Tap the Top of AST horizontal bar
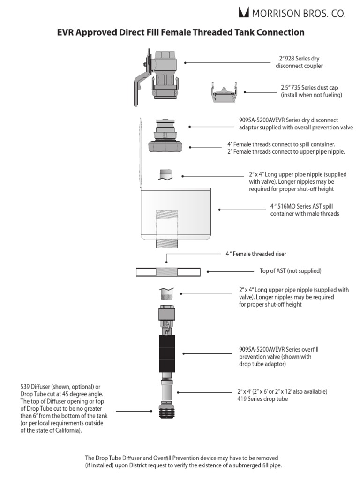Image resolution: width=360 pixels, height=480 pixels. pos(168,271)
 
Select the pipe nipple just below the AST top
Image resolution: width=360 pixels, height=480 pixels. pos(166,293)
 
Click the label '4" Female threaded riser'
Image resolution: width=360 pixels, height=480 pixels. pos(256,254)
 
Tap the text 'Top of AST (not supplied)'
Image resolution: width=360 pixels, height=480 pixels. pos(291,271)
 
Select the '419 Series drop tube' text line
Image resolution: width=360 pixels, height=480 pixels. pos(262,399)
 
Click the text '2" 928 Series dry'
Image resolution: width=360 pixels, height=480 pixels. pos(299,59)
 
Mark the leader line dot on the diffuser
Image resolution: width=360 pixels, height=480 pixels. pos(151,411)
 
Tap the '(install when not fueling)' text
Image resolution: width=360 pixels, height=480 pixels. pos(311,95)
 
